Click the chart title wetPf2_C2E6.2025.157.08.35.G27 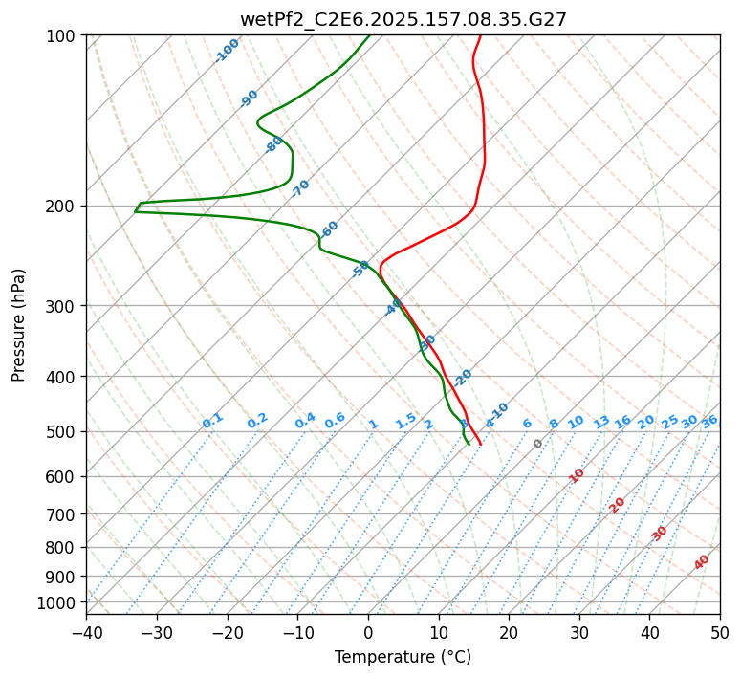(403, 19)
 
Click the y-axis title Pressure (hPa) (19, 325)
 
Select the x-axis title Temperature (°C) (403, 657)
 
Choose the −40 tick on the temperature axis (86, 632)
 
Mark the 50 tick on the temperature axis (720, 632)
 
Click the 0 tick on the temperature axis (368, 632)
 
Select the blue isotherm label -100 (227, 51)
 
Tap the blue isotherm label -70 (300, 187)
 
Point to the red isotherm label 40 (702, 562)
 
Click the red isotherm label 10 (577, 475)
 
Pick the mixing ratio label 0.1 (212, 420)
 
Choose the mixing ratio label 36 (709, 421)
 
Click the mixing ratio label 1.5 (405, 419)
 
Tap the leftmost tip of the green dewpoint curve (135, 210)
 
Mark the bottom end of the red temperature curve (480, 444)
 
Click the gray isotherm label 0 (538, 444)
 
